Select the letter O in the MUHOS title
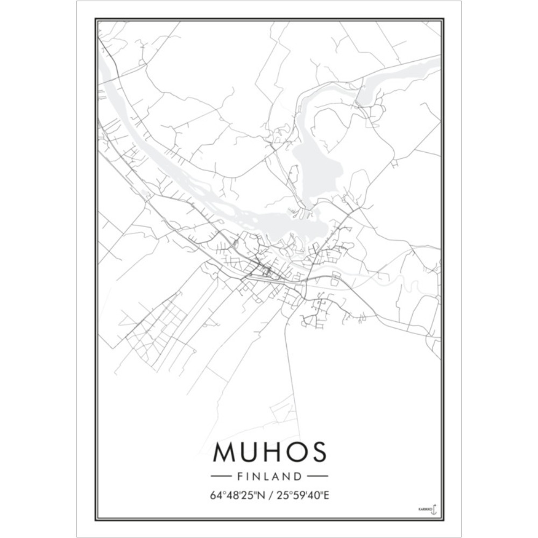coord(295,452)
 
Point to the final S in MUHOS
coord(318,452)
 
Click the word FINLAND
coord(269,476)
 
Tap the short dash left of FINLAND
coord(221,476)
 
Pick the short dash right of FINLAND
coord(317,476)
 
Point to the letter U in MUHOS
coord(249,452)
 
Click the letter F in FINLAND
coord(239,476)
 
